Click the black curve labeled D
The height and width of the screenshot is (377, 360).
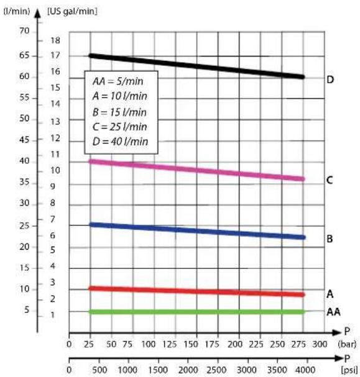197,66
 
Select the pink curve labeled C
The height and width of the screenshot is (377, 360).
197,170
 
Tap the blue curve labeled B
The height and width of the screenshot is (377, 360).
197,231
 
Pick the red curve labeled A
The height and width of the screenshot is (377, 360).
197,291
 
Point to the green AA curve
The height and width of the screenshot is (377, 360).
197,312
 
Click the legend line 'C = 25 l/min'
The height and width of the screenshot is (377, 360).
119,127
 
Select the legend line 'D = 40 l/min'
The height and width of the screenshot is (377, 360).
120,142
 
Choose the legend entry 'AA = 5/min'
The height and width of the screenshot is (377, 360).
118,81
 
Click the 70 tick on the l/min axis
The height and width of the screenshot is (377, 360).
24,31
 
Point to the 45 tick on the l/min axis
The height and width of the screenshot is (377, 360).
24,140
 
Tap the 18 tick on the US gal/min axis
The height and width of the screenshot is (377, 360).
55,40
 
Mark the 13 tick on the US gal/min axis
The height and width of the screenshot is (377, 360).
55,122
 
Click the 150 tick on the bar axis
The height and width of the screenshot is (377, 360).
191,344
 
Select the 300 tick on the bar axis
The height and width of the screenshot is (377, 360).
320,344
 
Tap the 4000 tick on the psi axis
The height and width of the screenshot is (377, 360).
306,370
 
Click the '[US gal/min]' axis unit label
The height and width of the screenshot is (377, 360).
72,11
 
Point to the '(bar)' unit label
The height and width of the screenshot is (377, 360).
347,344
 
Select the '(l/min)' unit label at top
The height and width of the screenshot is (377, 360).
17,11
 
